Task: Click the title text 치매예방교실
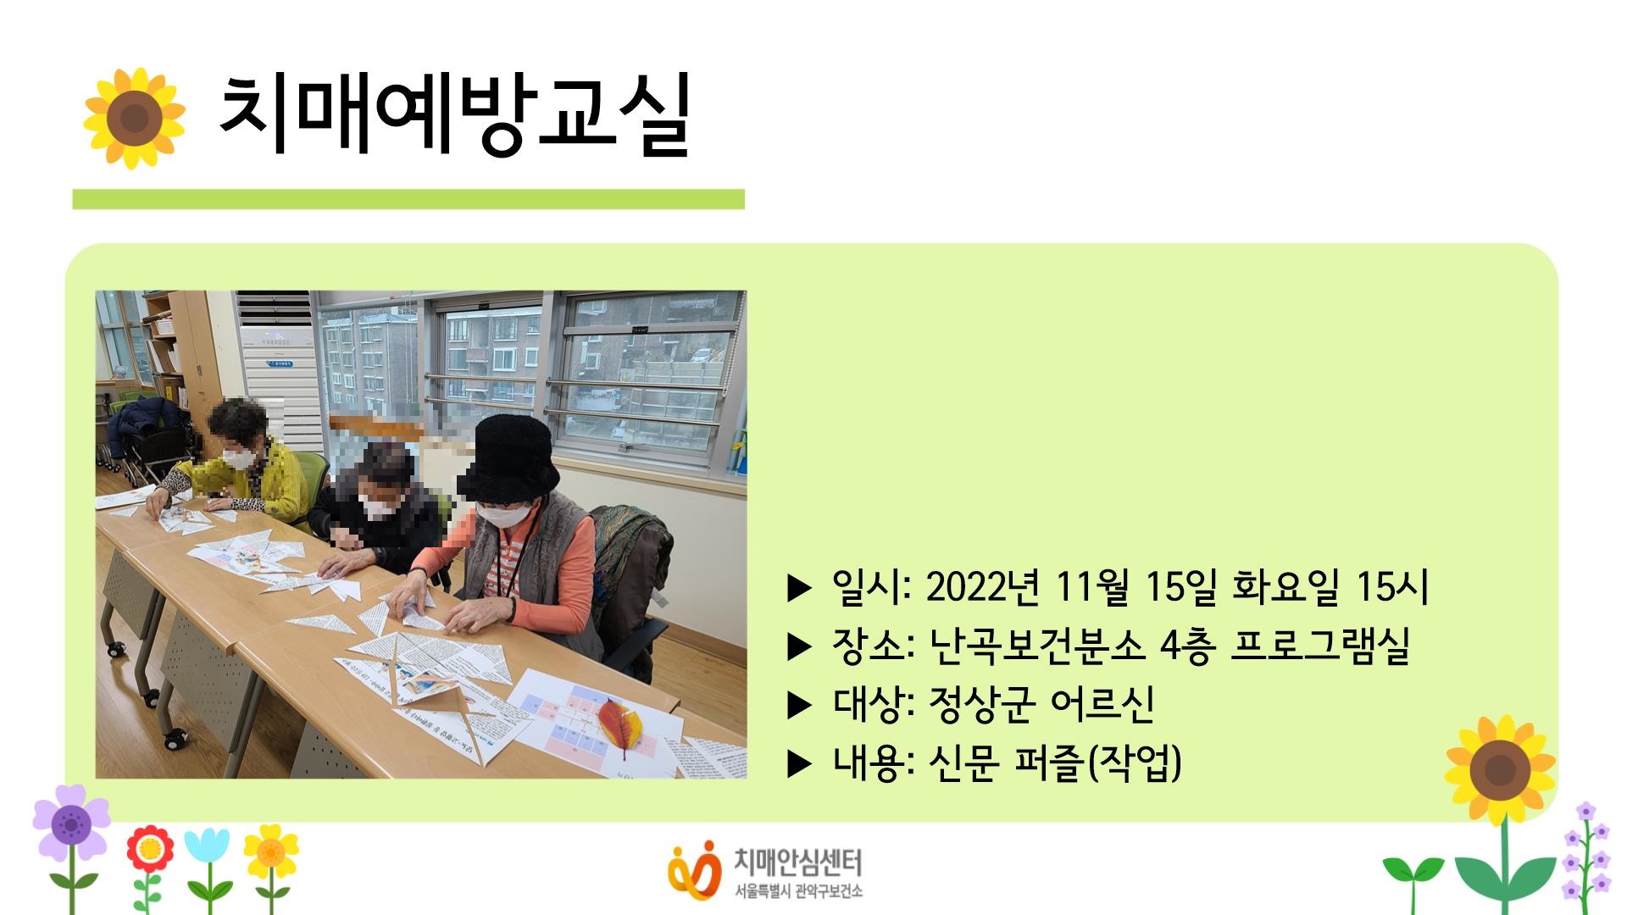pos(455,116)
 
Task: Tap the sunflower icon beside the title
pos(134,118)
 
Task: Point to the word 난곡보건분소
pos(1036,646)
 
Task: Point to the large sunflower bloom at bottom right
pos(1500,770)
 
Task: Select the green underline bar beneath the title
pos(408,199)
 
